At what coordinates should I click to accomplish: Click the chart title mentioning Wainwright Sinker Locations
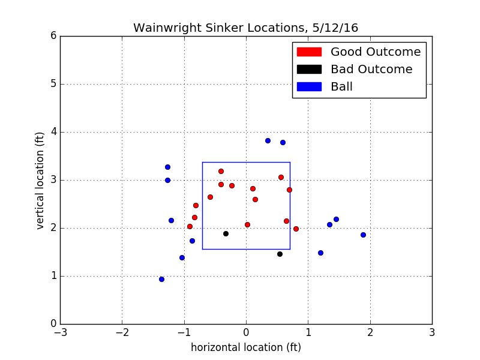coord(245,28)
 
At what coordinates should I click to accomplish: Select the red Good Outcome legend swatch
coord(309,52)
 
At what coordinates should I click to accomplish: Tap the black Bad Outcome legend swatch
coord(309,70)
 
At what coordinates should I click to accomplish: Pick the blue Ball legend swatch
coord(309,87)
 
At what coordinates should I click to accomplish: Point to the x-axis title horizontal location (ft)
coord(246,347)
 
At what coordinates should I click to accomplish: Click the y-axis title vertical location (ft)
coord(40,179)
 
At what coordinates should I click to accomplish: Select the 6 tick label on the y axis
coord(53,36)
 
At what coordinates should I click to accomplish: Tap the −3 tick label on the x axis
coord(60,332)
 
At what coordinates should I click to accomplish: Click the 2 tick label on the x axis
coord(370,332)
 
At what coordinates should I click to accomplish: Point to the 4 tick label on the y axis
coord(53,132)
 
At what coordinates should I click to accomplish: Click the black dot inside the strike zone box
coord(226,233)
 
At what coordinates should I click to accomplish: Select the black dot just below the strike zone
coord(280,254)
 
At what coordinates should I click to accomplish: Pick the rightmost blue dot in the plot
coord(363,235)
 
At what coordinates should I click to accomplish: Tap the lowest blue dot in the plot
coord(161,279)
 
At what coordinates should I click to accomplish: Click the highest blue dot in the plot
coord(268,140)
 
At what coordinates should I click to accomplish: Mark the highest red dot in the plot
coord(221,171)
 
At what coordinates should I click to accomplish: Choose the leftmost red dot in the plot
coord(190,226)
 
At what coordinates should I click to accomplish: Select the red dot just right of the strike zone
coord(296,229)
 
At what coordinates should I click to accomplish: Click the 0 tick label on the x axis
coord(246,332)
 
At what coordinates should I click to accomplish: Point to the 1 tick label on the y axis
coord(53,276)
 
